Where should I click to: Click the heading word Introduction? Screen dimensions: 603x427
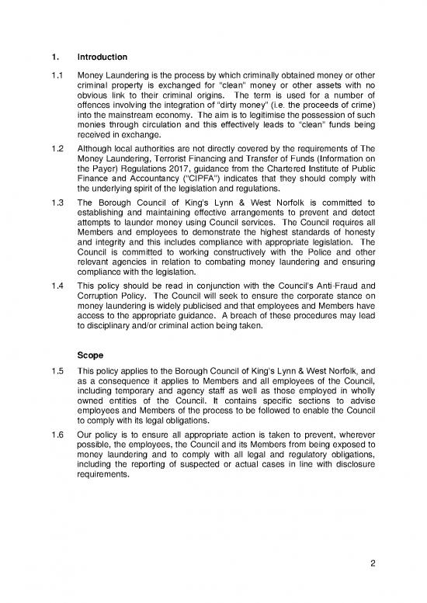tap(105, 57)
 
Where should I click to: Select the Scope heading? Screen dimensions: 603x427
tap(92, 355)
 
